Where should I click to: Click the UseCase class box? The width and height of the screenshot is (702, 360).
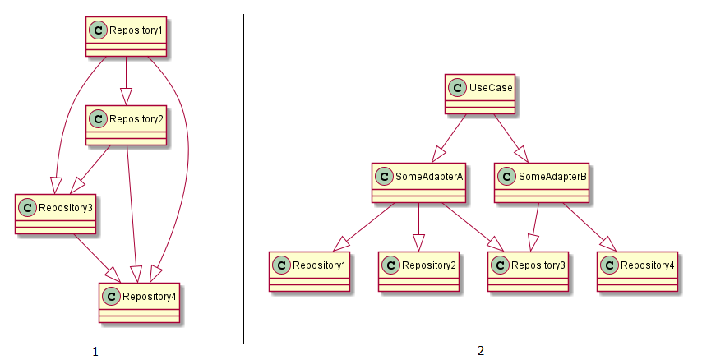[480, 94]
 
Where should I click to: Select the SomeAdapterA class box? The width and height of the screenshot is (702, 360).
[418, 182]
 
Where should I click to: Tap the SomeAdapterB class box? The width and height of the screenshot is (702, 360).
[541, 182]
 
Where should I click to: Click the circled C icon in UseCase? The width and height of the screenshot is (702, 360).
[458, 88]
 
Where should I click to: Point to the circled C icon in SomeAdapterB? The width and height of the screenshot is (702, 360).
[507, 177]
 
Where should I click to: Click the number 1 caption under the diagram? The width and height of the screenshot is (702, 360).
[95, 352]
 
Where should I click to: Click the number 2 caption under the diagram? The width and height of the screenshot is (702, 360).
[481, 351]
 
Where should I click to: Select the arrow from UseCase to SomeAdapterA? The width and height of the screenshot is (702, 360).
[449, 138]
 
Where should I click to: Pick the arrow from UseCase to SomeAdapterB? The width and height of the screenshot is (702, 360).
[511, 138]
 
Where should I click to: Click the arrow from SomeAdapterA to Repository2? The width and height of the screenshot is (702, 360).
[418, 227]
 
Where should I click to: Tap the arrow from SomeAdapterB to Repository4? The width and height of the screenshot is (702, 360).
[589, 227]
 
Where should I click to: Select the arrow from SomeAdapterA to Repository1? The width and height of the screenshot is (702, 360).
[363, 227]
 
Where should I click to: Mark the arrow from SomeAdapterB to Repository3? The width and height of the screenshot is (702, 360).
[535, 227]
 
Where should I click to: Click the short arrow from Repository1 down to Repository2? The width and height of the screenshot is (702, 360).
[127, 81]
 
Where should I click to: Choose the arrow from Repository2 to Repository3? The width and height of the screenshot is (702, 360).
[90, 169]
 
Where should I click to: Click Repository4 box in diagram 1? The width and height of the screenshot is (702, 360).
[139, 302]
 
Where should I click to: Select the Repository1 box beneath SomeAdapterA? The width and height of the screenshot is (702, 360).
[309, 271]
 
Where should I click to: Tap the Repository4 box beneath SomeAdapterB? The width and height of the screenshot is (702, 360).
[637, 271]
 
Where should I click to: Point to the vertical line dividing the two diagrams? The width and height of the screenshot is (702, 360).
[244, 179]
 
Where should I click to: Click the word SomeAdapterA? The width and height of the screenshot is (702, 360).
[429, 177]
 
